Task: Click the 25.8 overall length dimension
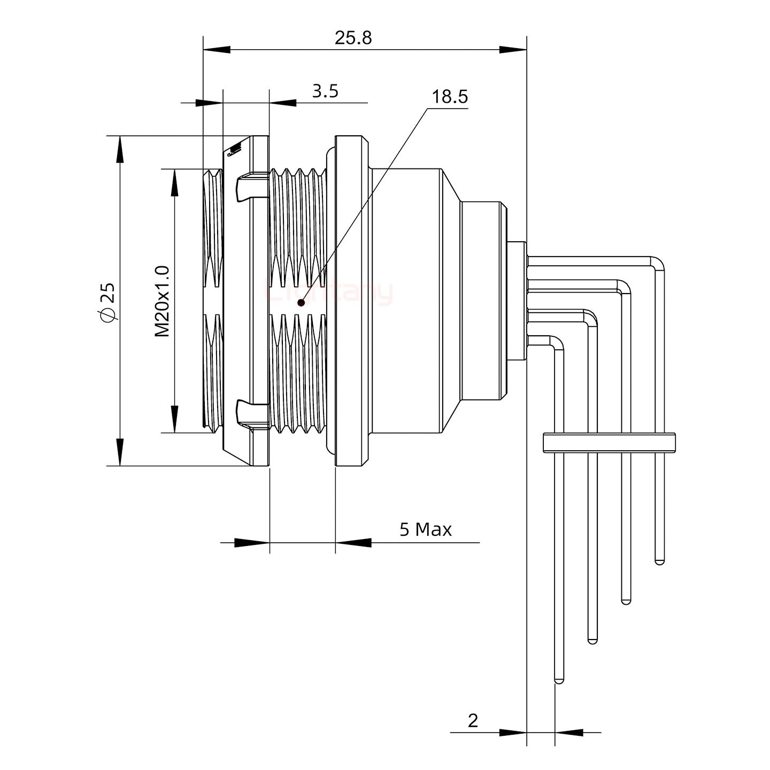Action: click(353, 38)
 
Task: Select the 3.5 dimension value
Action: click(325, 91)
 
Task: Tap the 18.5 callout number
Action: click(450, 97)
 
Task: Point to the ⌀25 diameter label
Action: click(107, 303)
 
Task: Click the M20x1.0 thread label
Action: click(163, 301)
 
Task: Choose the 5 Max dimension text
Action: click(426, 529)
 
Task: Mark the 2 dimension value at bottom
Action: click(473, 721)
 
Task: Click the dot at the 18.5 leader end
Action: click(301, 303)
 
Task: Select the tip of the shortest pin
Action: click(659, 561)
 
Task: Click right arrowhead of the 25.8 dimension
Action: click(514, 50)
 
